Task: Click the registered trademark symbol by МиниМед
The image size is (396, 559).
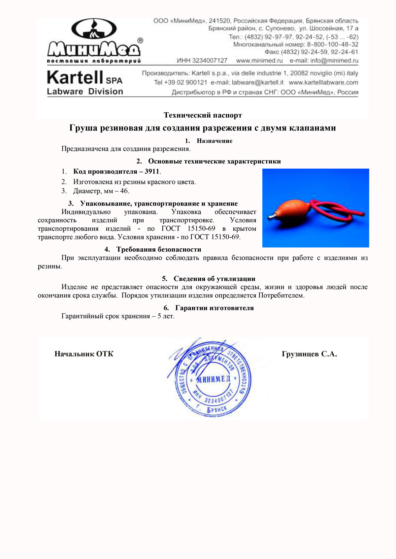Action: pos(140,41)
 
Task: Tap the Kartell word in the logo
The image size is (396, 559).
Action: pos(75,78)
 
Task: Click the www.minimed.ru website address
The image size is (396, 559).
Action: pos(259,61)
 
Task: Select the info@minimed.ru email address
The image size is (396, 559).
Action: pos(334,61)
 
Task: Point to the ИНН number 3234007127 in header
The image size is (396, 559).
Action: pos(210,61)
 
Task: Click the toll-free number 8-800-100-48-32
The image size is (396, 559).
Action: pos(333,44)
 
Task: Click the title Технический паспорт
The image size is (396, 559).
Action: pos(203,115)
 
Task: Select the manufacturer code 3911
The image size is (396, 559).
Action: pos(152,172)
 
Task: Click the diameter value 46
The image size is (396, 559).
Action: pos(124,191)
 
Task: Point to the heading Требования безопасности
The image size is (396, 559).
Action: pos(159,249)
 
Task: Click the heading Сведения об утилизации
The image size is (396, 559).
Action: pos(214,279)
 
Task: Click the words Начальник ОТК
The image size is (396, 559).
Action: pos(84,354)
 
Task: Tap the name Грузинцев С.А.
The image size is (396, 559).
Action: pos(309,354)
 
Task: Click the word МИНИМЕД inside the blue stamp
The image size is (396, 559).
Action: pos(213,379)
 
